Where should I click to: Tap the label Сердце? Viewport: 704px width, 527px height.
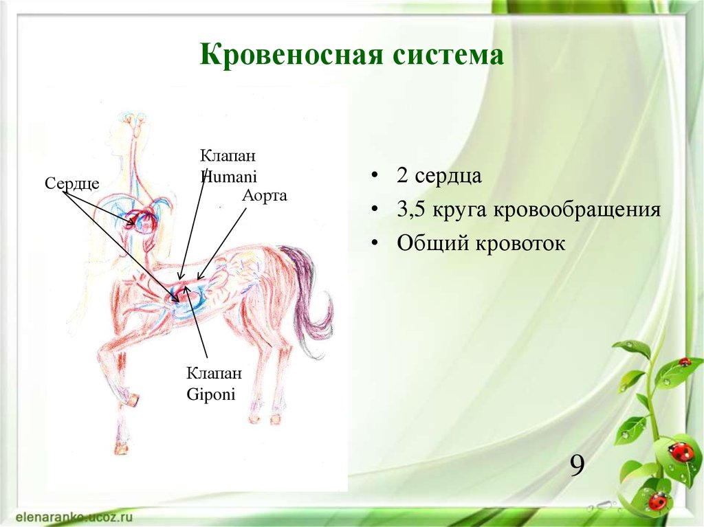pos(72,183)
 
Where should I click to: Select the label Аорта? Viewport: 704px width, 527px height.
pos(264,196)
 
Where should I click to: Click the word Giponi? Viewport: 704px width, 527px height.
pos(211,395)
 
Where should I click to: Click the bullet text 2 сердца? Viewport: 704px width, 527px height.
pos(439,175)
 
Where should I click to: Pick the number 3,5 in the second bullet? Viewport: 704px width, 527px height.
pos(411,209)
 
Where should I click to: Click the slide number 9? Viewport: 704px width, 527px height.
pos(577,467)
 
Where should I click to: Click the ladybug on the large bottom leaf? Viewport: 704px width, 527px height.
pos(681,451)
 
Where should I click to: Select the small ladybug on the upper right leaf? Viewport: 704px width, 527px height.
pos(684,361)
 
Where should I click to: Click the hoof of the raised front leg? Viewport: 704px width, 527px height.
pos(131,399)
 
